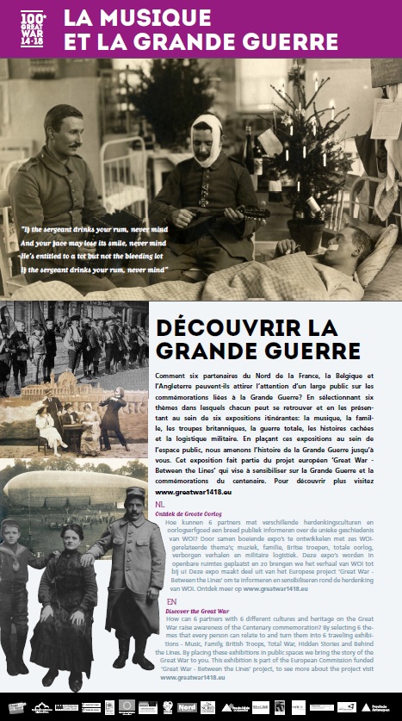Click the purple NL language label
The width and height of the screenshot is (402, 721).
pyautogui.click(x=160, y=503)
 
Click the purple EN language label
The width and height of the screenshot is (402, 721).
pyautogui.click(x=171, y=600)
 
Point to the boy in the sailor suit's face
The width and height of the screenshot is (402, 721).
pyautogui.click(x=23, y=529)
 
